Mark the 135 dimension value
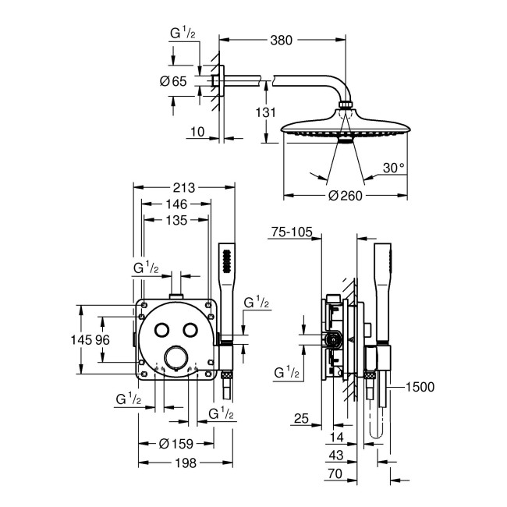176,221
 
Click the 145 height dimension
91,341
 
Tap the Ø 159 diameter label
177,444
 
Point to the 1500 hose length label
420,386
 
